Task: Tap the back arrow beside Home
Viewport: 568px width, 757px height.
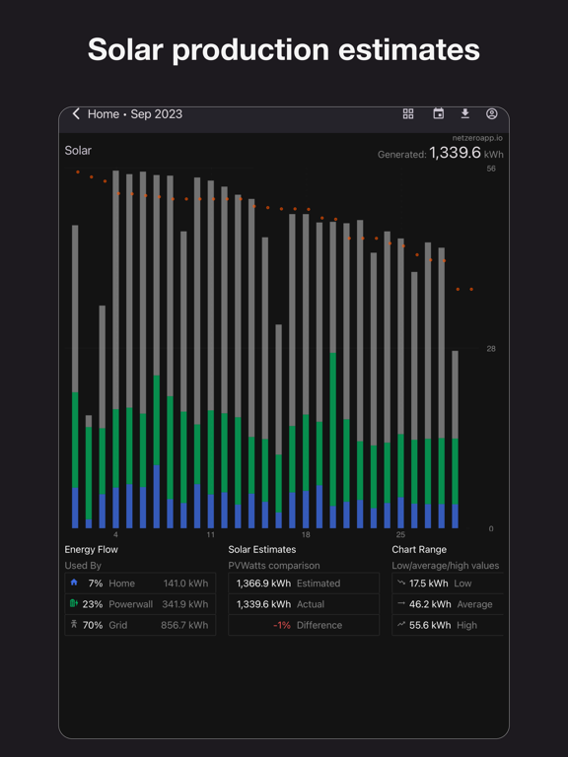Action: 76,114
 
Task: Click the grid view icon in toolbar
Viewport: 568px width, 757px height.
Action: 408,114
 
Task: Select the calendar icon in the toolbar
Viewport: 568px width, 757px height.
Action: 439,114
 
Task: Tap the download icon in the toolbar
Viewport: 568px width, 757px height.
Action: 465,114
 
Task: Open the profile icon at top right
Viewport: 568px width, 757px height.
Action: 492,114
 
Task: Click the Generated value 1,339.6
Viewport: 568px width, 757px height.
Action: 455,153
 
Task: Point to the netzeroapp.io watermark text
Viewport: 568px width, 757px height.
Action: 477,138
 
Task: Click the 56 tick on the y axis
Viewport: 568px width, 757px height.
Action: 491,170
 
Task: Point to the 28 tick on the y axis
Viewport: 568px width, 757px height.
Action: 491,349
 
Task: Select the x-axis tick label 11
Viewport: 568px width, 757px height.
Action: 211,535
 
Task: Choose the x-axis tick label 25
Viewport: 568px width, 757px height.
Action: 400,535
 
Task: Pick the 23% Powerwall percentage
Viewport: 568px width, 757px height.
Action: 93,604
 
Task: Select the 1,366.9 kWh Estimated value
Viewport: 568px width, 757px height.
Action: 263,584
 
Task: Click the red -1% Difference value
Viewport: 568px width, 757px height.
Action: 281,625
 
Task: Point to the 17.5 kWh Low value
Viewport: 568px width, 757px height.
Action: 430,584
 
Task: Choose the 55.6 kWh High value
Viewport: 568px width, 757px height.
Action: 430,625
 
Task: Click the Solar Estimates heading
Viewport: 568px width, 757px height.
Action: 262,550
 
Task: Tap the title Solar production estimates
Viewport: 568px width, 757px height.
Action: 284,49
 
